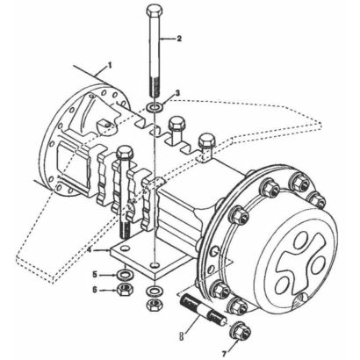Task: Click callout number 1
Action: pos(110,66)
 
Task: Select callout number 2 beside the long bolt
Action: pos(179,39)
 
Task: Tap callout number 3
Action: pos(177,93)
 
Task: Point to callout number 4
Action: pos(90,250)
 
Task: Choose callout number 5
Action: pos(95,275)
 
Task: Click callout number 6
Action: pos(95,290)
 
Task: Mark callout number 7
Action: pos(224,354)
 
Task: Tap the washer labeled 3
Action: pos(155,108)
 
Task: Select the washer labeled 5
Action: pos(125,275)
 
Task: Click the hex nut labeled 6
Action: pos(125,290)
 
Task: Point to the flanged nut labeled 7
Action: pos(241,331)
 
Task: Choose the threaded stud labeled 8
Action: pos(204,310)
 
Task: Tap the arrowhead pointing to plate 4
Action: pos(108,250)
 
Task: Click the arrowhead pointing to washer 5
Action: pos(115,275)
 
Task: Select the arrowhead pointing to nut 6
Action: pos(115,290)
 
